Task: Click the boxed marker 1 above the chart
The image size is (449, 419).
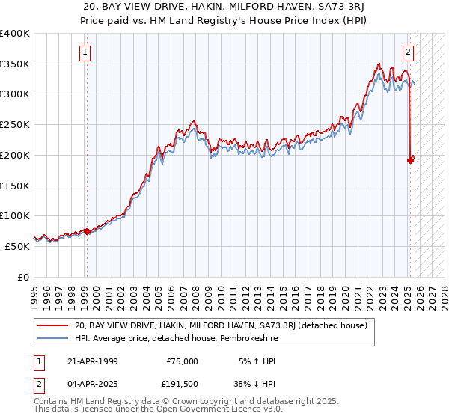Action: [85, 52]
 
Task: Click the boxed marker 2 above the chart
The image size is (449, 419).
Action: [409, 52]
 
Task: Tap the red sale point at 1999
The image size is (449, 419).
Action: [87, 231]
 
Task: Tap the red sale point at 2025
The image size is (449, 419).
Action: [410, 159]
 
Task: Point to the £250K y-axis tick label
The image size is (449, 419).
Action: [15, 125]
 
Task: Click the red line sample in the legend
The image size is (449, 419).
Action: [53, 326]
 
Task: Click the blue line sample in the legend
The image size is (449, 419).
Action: [53, 339]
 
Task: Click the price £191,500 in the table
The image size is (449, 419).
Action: [180, 384]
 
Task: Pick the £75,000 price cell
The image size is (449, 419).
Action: [182, 361]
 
